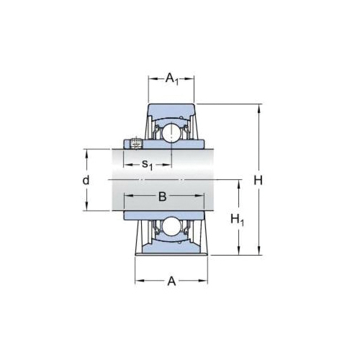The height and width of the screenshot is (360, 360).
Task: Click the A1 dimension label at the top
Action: coord(172,78)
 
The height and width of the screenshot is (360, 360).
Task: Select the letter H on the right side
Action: coord(258,180)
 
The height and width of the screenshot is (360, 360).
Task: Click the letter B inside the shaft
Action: coord(162,196)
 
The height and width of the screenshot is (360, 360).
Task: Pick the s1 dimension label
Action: coord(147,165)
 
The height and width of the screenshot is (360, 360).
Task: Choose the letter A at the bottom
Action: coord(172,282)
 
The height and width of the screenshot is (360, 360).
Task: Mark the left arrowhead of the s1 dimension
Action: coord(127,165)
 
